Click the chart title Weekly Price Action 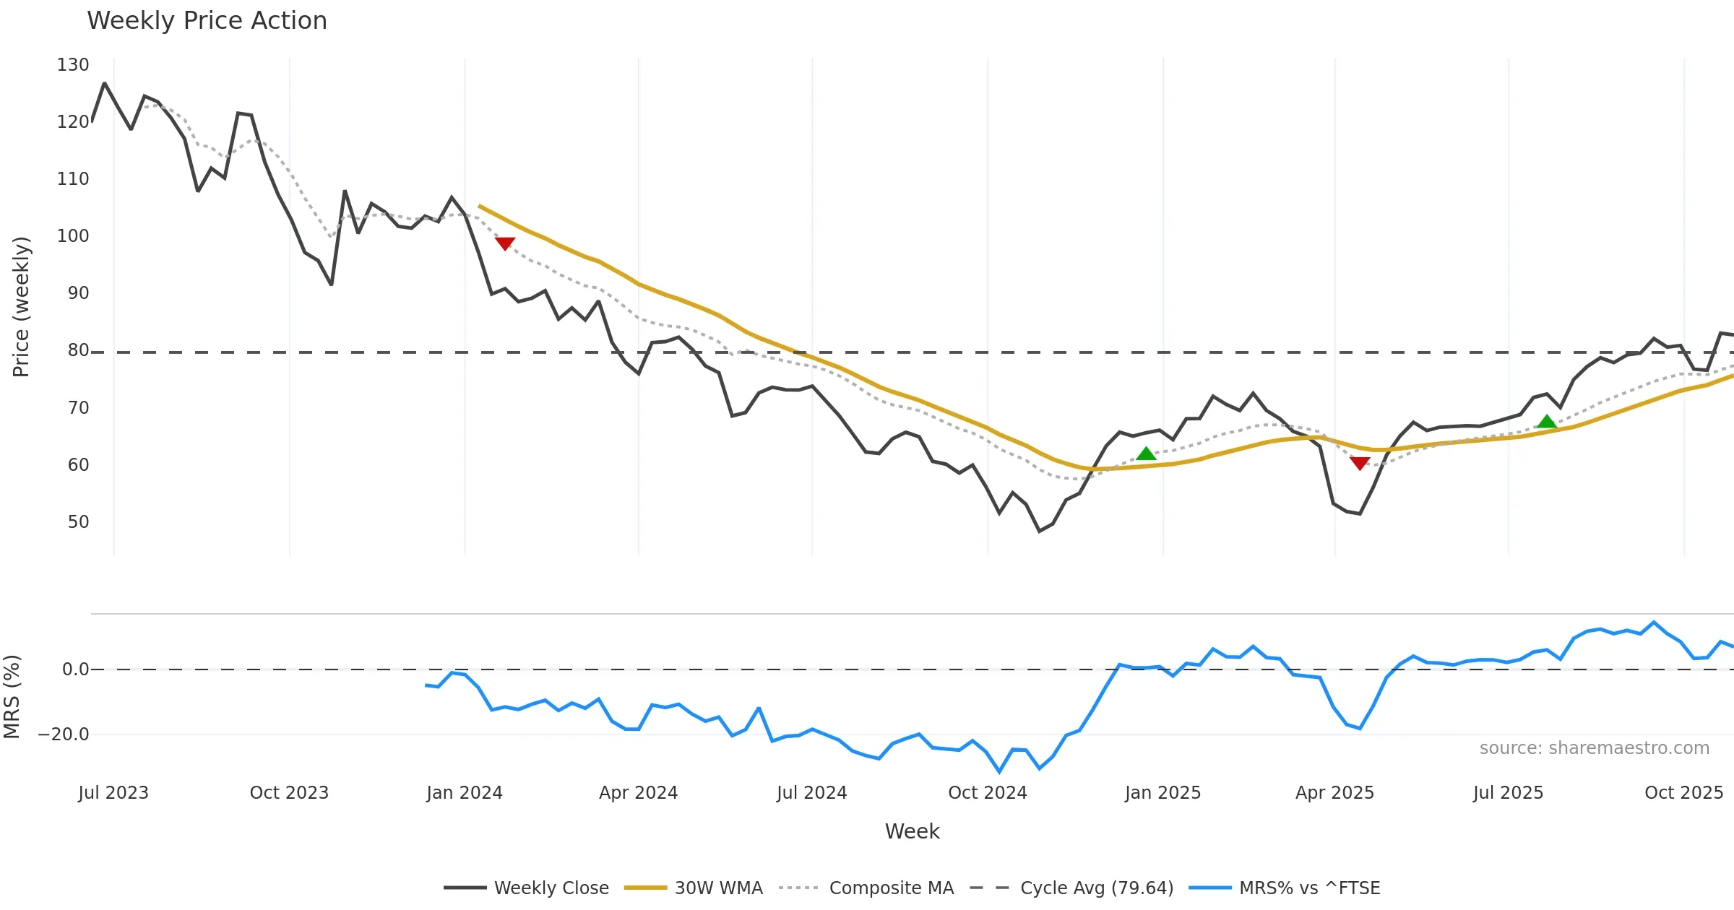[207, 21]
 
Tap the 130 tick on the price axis [73, 65]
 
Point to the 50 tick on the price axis [78, 522]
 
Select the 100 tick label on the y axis [73, 236]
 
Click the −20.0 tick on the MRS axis [64, 734]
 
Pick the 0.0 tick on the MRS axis [76, 669]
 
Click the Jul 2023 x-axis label [113, 793]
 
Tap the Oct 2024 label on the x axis [987, 793]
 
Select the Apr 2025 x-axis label [1334, 793]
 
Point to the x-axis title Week [912, 832]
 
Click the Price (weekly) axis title [22, 307]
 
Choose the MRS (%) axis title [12, 697]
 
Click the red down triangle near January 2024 [505, 243]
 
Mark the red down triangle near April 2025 [1360, 463]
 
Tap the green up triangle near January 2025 [1146, 454]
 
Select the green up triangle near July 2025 [1546, 422]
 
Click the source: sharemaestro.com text [1594, 748]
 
